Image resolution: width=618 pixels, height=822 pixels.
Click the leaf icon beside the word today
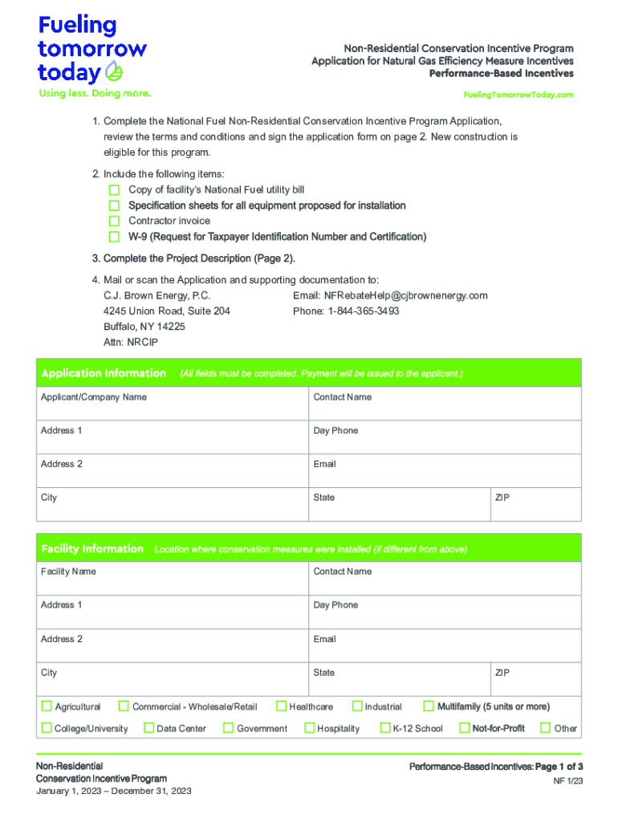(x=116, y=72)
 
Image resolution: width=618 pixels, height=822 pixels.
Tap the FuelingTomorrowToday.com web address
(x=518, y=95)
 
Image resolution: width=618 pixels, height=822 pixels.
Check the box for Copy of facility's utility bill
(x=114, y=190)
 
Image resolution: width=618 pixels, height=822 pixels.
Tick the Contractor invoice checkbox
(x=114, y=221)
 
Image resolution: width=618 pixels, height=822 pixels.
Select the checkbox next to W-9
(x=114, y=237)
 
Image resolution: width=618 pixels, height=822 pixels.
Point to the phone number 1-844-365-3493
(x=361, y=311)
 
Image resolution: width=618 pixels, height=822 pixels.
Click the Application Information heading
(x=104, y=373)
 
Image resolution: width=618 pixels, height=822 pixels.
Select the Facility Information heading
(x=92, y=549)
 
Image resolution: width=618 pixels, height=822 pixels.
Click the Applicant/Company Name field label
(x=94, y=397)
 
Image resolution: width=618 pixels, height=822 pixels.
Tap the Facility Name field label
(x=68, y=572)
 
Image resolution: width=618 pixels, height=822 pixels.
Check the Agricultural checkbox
(x=47, y=706)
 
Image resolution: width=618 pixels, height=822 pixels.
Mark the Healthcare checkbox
(x=281, y=706)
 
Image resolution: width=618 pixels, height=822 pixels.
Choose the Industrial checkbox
(x=357, y=706)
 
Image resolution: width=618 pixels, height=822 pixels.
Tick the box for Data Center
(x=148, y=728)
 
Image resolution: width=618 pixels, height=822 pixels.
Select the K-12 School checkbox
(x=384, y=728)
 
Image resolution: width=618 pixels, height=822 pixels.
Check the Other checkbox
(x=546, y=728)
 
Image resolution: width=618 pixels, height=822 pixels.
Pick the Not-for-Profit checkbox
(x=464, y=728)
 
